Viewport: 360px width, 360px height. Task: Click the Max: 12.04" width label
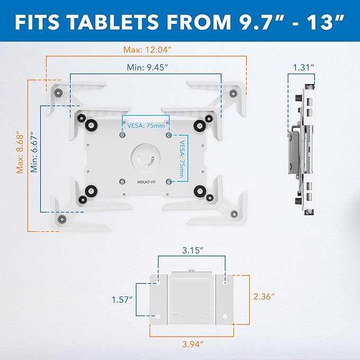coord(146,50)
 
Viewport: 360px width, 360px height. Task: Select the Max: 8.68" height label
coord(20,152)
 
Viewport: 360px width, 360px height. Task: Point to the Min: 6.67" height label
coord(33,153)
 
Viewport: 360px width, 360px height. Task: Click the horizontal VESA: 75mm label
coord(145,126)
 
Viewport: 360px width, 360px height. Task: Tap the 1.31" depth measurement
coord(303,67)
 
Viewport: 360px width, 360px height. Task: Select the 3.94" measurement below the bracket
coord(193,345)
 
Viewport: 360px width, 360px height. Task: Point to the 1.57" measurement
coord(122,300)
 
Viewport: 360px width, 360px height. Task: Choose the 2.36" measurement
coord(264,297)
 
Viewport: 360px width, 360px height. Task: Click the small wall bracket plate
coord(192,298)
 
